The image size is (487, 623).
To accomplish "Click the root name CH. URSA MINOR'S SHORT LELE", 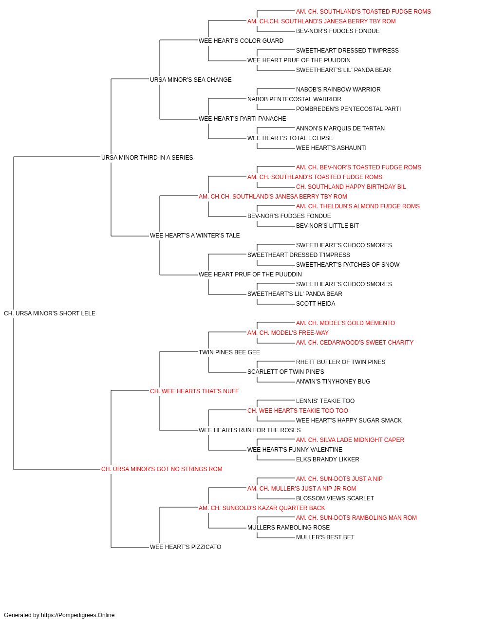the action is pos(50,313).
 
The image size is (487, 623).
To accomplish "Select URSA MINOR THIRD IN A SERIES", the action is pos(147,157).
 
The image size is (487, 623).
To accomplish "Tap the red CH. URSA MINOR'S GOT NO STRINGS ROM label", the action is pos(162,469).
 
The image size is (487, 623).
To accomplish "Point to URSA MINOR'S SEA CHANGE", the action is pos(191,80).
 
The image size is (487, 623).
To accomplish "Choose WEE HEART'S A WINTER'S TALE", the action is pos(195,236).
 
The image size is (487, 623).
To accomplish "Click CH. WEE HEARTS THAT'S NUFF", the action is pos(194,391).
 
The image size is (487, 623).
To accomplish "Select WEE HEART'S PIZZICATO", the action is pos(186,547).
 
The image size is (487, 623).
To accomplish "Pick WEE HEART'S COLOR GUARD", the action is pos(241,41).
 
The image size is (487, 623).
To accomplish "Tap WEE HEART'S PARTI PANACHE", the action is pos(243,119).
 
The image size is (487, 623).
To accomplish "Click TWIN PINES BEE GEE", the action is pos(229,352).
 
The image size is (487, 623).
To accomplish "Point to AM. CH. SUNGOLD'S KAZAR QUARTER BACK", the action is pos(262,508).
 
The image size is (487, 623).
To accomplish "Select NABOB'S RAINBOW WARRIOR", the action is pos(338,90).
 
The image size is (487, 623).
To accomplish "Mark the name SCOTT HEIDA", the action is pos(316,304).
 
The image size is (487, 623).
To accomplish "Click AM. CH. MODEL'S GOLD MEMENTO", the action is pos(346,323).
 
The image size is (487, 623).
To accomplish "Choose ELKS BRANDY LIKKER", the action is pos(328,459).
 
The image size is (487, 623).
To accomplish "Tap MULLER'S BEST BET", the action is pos(325,537).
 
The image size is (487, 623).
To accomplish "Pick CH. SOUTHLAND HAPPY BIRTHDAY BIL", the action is pos(351,186).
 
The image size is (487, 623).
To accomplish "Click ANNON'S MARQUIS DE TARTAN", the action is pos(340,128).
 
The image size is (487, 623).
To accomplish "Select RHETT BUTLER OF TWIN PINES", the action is pos(341,362).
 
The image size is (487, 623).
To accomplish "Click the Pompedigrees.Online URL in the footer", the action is pos(78,615).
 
